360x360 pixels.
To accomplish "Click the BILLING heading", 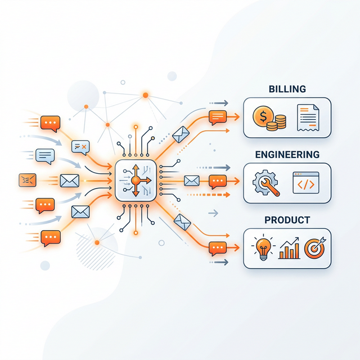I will point(287,89).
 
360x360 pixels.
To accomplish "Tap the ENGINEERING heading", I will point(287,154).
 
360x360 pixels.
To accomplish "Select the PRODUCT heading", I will point(287,220).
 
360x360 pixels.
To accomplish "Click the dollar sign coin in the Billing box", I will point(262,117).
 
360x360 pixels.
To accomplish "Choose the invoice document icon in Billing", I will point(308,118).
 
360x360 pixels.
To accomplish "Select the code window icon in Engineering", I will point(305,183).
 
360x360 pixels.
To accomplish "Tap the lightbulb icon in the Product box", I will point(262,248).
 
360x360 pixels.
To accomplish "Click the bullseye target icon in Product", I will point(313,248).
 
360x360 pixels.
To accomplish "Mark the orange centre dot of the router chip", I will point(135,180).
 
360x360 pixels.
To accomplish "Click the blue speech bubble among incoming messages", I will point(44,155).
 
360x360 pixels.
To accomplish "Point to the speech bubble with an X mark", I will point(81,147).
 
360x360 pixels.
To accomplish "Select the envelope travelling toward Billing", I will point(181,134).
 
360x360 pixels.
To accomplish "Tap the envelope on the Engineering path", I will point(192,180).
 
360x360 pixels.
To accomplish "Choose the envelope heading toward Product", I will point(182,222).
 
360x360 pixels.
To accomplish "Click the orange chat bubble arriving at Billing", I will point(217,117).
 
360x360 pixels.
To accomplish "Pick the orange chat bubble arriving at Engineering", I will point(217,181).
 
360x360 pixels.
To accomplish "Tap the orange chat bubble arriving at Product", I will point(217,247).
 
